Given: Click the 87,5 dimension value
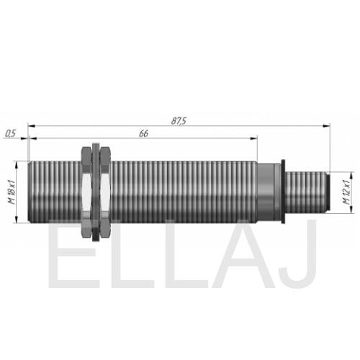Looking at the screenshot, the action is coord(179,121).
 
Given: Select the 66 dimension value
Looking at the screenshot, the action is coord(143,133).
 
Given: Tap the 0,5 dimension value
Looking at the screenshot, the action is coord(10,133).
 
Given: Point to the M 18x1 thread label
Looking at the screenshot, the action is coord(12,192).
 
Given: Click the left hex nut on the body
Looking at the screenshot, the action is coord(86,192).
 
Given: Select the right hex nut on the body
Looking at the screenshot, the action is coord(105,192).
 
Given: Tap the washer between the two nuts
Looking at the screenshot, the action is coord(96,192).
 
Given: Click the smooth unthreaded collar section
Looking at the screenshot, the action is coord(266,192).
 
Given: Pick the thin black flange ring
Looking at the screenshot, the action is coord(283,192).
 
